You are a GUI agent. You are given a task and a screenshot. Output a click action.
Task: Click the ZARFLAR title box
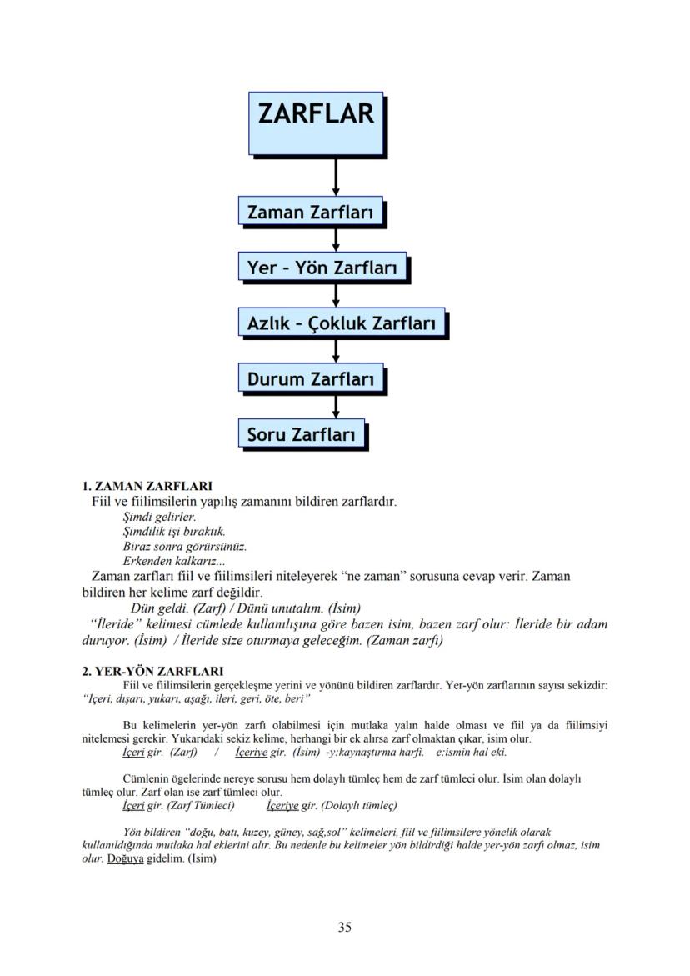(316, 123)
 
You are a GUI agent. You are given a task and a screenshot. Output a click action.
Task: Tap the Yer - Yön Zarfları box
(322, 268)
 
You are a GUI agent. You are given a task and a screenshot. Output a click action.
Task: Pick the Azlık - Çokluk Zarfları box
(342, 323)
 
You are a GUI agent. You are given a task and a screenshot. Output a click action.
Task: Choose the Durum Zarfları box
(311, 378)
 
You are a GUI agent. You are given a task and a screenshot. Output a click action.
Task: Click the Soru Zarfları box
(301, 434)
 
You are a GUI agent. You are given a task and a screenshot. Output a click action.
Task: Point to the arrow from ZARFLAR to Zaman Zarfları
(336, 176)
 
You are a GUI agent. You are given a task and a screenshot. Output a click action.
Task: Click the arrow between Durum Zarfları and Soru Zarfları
(336, 406)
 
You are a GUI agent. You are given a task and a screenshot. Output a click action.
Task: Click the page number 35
(345, 927)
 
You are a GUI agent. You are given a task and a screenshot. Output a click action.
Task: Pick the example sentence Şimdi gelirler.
(159, 517)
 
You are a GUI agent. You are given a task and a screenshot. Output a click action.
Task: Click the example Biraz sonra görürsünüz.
(184, 547)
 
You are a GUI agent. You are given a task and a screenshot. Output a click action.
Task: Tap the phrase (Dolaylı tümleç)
(357, 806)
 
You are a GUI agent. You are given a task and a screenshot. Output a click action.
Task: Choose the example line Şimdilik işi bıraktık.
(173, 532)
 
